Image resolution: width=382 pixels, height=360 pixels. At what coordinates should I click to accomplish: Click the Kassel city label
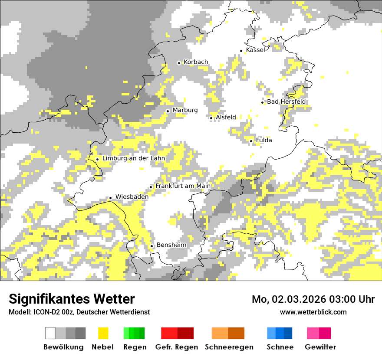255,50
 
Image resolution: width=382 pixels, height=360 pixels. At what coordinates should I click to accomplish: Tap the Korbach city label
196,62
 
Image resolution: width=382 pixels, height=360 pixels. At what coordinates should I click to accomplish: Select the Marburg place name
185,110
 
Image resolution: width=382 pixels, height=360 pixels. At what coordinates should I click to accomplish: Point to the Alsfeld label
226,117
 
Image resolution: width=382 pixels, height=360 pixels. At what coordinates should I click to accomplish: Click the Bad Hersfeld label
286,101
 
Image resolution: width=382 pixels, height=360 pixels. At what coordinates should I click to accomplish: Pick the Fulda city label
264,140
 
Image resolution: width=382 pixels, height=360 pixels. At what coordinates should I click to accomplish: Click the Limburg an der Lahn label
134,158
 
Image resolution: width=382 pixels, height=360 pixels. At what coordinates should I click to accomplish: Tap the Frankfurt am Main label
183,186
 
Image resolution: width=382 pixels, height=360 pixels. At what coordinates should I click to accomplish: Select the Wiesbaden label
132,196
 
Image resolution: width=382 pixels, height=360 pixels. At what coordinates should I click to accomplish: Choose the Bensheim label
171,245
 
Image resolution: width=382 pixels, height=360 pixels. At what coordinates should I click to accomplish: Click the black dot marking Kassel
241,51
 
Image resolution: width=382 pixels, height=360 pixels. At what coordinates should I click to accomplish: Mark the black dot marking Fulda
251,141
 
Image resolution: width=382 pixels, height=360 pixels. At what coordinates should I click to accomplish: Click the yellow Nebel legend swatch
103,333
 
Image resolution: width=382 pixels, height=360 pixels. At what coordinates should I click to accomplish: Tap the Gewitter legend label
320,347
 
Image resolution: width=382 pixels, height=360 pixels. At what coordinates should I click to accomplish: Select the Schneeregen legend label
229,347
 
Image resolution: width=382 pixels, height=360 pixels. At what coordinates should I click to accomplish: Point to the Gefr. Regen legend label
177,347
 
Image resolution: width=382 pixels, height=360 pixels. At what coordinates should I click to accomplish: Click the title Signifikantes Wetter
72,299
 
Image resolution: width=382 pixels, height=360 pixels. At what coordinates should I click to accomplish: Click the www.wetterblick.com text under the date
313,312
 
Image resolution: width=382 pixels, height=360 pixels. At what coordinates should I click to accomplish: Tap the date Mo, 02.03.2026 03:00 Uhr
313,299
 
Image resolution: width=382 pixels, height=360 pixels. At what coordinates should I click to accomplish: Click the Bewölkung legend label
63,347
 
